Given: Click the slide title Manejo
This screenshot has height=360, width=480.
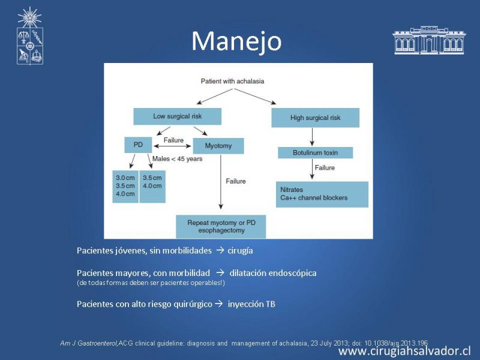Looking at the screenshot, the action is click(236, 41).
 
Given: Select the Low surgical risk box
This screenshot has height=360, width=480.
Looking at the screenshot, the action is click(177, 116).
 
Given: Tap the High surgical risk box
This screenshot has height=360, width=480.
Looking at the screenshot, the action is click(316, 118).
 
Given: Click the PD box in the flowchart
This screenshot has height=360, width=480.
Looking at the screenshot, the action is click(138, 145).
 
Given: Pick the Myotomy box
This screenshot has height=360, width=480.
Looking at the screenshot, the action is click(218, 146).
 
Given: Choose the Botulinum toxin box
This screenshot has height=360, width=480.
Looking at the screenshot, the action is click(316, 153).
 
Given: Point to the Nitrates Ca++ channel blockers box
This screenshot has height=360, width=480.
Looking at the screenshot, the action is click(322, 194).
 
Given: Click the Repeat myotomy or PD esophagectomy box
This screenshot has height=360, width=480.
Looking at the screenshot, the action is click(221, 227).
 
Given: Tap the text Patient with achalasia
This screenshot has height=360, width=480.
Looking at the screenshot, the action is click(232, 81).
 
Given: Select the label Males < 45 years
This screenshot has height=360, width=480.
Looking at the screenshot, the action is click(177, 159).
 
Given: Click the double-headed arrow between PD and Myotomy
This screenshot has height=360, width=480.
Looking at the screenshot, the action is click(172, 146).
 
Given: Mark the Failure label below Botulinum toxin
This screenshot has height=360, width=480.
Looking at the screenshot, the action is click(325, 168).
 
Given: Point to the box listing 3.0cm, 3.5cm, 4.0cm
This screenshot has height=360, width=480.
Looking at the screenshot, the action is click(125, 187).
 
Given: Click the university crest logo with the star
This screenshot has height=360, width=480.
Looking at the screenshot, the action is click(29, 36).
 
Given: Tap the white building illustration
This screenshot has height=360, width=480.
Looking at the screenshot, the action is click(429, 40).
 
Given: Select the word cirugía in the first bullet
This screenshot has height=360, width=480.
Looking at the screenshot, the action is click(241, 251).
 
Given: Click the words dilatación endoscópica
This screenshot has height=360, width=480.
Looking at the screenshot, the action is click(273, 273).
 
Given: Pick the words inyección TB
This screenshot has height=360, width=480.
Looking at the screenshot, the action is click(251, 304).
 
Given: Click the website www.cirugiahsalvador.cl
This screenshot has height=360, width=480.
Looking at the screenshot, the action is click(404, 351).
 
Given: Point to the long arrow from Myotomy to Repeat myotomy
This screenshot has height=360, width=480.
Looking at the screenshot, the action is click(221, 182).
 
